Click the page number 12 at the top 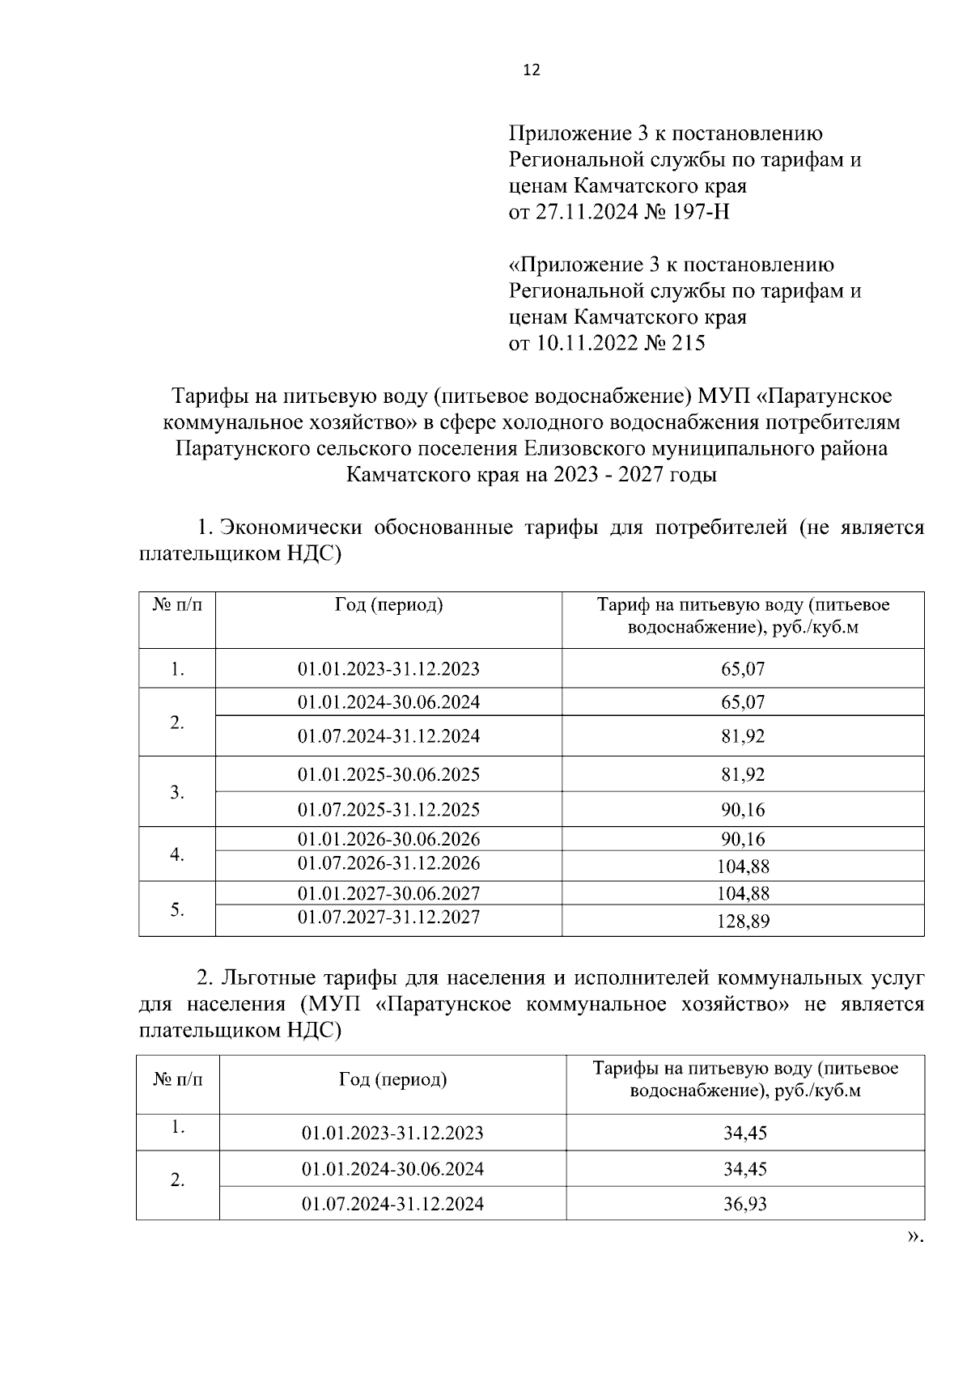(x=532, y=70)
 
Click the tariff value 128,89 (x=743, y=921)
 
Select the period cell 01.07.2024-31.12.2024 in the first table (x=388, y=736)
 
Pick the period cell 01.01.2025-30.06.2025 (x=388, y=775)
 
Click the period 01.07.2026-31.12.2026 (x=388, y=863)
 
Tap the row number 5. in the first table (x=177, y=909)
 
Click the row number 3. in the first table (x=177, y=792)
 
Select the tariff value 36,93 (x=744, y=1204)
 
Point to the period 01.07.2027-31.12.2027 (x=388, y=917)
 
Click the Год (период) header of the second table (x=392, y=1079)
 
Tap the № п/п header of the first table (x=177, y=606)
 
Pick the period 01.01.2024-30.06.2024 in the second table (x=392, y=1169)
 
